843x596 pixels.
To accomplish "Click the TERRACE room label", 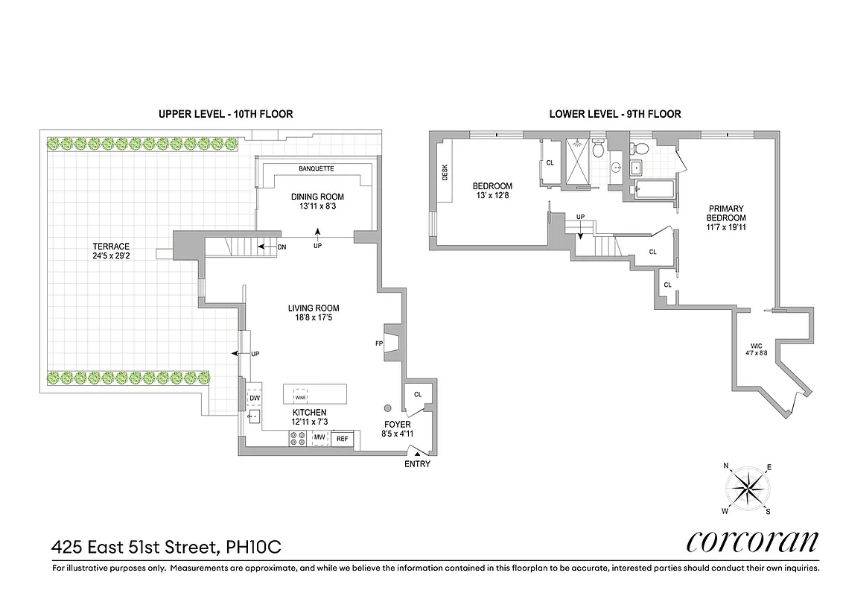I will click(x=111, y=246).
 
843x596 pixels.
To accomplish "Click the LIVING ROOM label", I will click(x=314, y=308).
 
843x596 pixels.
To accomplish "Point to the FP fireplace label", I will click(x=379, y=344).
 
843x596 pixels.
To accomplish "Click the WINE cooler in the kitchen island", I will click(x=301, y=398).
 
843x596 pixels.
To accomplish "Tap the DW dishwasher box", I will click(x=255, y=399).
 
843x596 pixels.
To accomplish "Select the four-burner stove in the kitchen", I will click(x=298, y=439).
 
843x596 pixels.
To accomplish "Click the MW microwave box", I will click(x=319, y=437).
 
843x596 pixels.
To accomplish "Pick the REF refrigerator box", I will click(x=342, y=439).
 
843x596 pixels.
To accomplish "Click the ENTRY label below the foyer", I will click(x=417, y=464).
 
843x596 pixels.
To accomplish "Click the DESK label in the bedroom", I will click(x=445, y=173).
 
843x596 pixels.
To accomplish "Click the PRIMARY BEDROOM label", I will click(x=725, y=213).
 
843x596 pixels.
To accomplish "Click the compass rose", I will click(x=747, y=489).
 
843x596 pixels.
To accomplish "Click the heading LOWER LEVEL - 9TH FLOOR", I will click(x=614, y=114).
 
